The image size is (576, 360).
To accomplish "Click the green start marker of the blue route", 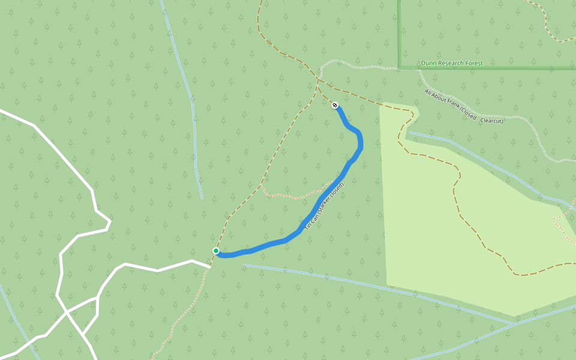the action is pyautogui.click(x=216, y=251).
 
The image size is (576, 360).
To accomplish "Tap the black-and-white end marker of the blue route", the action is pyautogui.click(x=335, y=105).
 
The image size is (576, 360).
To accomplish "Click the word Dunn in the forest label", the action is pyautogui.click(x=428, y=63).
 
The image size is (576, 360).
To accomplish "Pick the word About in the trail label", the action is pyautogui.click(x=439, y=98).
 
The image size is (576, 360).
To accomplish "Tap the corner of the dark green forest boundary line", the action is pyautogui.click(x=399, y=67).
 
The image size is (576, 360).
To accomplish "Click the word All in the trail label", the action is pyautogui.click(x=427, y=92).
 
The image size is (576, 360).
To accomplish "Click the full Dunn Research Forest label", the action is pyautogui.click(x=452, y=63).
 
